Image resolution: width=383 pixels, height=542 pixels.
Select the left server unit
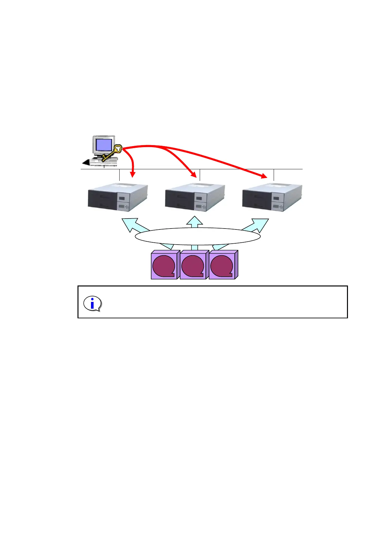pos(117,197)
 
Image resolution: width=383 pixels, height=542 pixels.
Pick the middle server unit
pos(195,197)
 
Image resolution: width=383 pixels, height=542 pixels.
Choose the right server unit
pos(272,197)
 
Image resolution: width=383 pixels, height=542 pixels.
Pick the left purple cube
pos(164,265)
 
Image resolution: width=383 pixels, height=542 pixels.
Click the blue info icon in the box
pos(93,304)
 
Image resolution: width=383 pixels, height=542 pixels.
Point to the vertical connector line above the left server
pos(119,175)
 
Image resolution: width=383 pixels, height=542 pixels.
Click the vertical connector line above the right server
pos(274,175)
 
